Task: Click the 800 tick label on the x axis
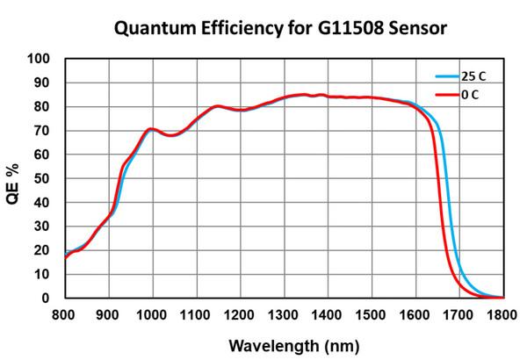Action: pos(64,313)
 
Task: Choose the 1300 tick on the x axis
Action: pos(283,313)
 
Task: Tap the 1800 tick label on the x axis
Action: pos(502,313)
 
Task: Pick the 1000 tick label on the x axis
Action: pos(151,313)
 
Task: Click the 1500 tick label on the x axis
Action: pos(371,313)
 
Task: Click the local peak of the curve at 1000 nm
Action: pos(152,129)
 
